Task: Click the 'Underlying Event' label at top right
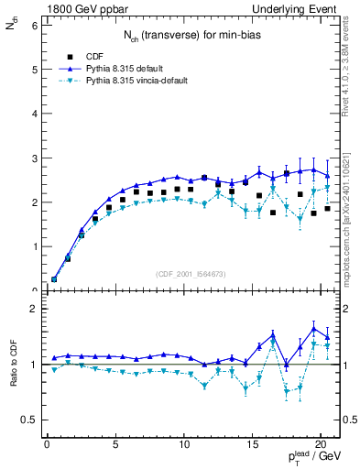298,8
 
